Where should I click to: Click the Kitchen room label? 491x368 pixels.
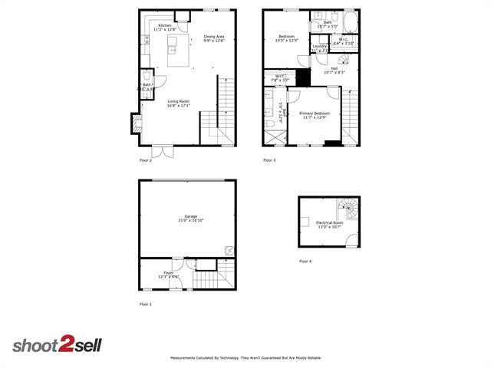point(164,27)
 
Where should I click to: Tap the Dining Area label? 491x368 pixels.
point(214,38)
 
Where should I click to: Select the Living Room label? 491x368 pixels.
point(178,103)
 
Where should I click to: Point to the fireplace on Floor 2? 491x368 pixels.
point(136,123)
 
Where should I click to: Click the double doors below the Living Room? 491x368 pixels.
point(163,151)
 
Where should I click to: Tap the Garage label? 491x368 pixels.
point(191,219)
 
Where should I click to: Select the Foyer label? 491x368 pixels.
point(168,274)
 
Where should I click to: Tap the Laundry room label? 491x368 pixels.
point(320,48)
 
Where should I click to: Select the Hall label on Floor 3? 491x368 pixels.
point(334,70)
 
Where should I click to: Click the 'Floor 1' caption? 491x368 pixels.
point(146,304)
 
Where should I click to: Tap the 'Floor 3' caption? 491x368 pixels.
point(269,160)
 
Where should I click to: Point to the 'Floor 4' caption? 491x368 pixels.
point(305,261)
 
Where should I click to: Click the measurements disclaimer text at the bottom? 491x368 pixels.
point(245,358)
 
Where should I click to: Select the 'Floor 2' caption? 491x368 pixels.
point(146,160)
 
